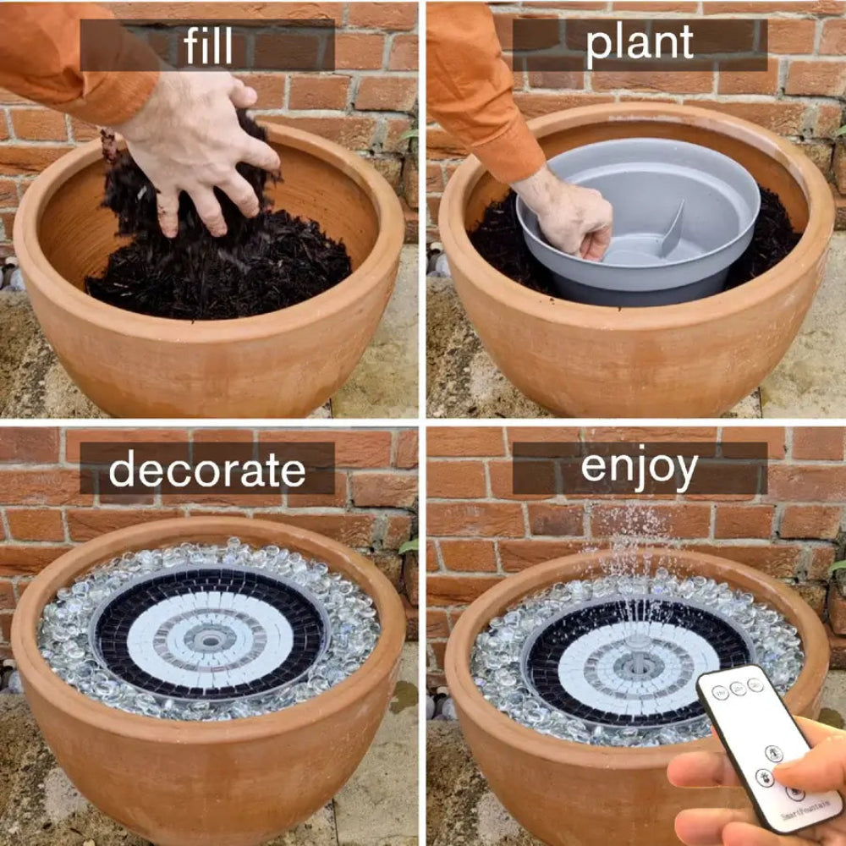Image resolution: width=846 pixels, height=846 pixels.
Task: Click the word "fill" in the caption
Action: point(208,46)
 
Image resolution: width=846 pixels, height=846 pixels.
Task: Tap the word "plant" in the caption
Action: point(639,45)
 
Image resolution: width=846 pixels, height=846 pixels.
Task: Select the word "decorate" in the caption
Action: point(207,470)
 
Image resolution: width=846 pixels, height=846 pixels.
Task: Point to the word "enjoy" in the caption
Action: point(639,466)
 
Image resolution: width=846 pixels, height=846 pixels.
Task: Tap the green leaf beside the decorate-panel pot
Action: point(409,547)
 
